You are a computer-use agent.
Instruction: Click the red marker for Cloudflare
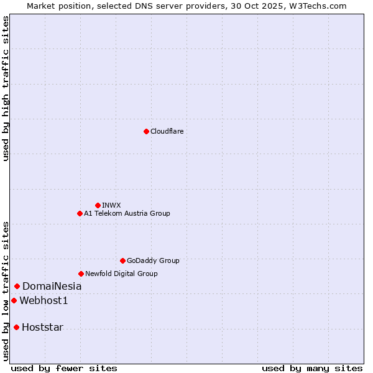[x=146, y=131]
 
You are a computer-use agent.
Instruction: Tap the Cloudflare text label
[x=167, y=131]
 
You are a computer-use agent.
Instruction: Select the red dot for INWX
[x=98, y=205]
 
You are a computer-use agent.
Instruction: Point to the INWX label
[x=111, y=205]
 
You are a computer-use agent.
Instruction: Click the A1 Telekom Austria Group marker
[x=80, y=213]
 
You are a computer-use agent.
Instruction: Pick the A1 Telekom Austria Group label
[x=127, y=213]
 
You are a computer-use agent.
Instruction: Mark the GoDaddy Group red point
[x=122, y=260]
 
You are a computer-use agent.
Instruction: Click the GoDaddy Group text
[x=153, y=260]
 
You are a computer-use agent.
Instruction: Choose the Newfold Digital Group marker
[x=81, y=274]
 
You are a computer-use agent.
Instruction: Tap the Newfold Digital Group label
[x=121, y=274]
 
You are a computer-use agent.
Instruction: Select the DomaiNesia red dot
[x=17, y=286]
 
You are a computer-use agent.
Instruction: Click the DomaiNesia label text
[x=52, y=287]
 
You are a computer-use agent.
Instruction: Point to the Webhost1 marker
[x=14, y=300]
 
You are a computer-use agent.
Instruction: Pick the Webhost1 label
[x=44, y=301]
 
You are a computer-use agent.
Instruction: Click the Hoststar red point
[x=16, y=327]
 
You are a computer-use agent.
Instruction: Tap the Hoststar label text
[x=42, y=328]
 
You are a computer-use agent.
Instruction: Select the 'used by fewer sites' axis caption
[x=64, y=368]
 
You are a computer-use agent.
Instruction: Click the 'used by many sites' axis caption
[x=312, y=368]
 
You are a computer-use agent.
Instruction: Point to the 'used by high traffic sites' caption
[x=6, y=88]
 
